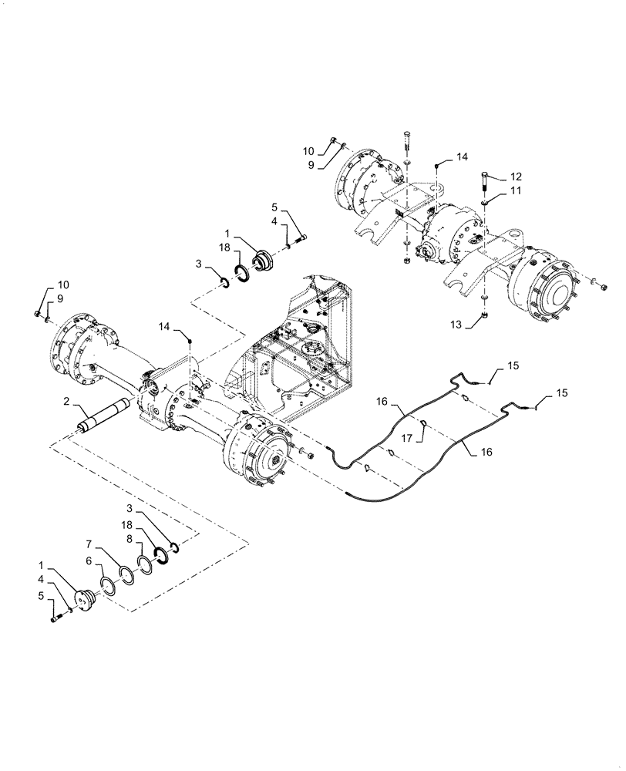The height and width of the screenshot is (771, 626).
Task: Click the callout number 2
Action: pos(68,401)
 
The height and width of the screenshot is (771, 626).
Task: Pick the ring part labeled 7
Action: pos(126,573)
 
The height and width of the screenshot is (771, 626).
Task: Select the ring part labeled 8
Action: pos(144,561)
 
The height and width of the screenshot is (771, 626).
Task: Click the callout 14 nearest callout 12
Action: pos(462,156)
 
